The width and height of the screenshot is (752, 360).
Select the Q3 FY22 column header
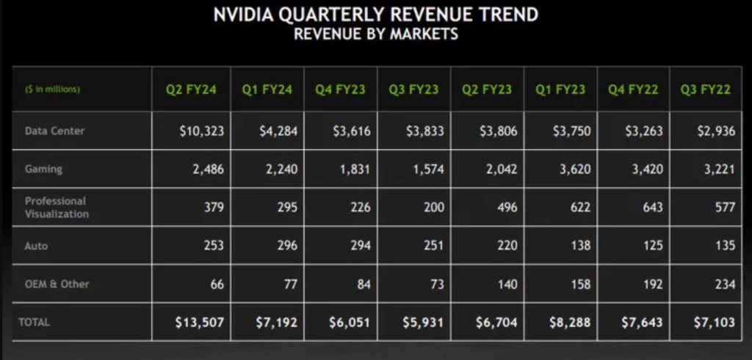(x=705, y=90)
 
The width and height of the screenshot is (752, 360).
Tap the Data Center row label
(x=54, y=131)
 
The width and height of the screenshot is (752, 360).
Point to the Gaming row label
(x=43, y=169)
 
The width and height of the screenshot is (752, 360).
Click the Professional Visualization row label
(x=57, y=207)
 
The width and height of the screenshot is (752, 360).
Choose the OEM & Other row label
(x=57, y=284)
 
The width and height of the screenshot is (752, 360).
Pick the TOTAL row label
(x=35, y=322)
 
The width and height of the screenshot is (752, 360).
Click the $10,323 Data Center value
(x=201, y=132)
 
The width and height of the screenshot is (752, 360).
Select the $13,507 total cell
(x=200, y=323)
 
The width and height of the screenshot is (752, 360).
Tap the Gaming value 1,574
(x=425, y=169)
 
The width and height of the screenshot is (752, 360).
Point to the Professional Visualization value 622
(x=579, y=207)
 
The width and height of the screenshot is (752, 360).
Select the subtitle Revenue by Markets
(x=376, y=34)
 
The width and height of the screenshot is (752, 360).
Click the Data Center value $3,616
(x=349, y=132)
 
